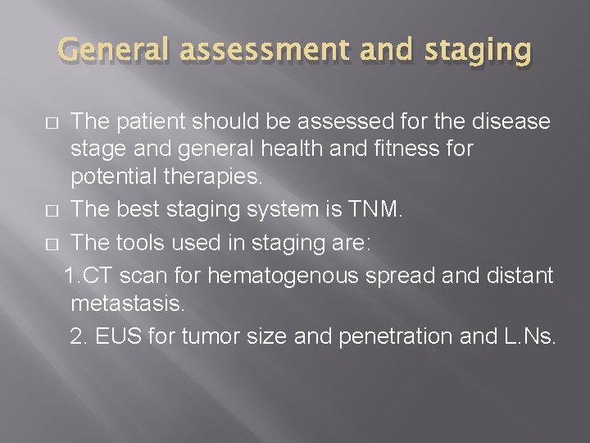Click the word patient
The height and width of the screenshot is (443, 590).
click(152, 122)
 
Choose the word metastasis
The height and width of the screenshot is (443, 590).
click(128, 304)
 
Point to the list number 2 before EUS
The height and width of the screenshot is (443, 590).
click(78, 336)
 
